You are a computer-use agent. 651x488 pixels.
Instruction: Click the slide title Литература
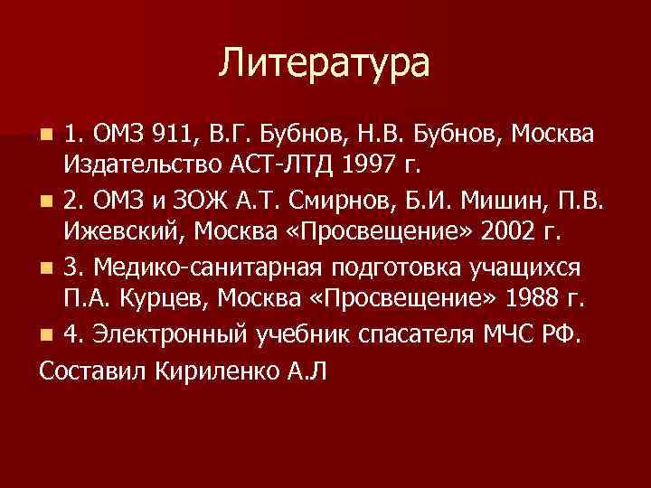[325, 64]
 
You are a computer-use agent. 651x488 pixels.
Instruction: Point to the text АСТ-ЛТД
[275, 167]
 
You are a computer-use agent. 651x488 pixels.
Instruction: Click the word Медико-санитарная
[211, 267]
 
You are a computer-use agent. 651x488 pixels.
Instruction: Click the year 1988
[538, 300]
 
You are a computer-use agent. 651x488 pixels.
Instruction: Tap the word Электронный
[165, 334]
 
